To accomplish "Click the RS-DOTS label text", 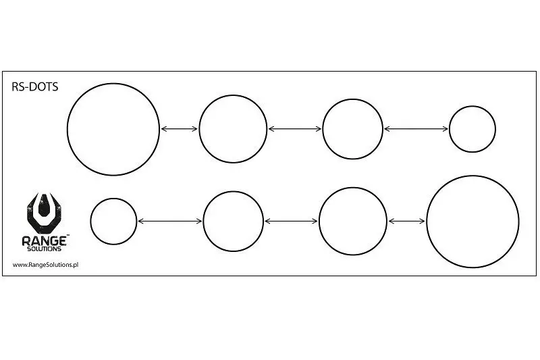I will pos(36,86).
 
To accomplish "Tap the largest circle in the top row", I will pos(113,128).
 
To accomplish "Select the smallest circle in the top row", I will pos(473,129).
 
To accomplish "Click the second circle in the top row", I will pos(233,128).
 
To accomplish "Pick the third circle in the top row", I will pos(352,129).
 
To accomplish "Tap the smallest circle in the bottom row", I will pos(113,221).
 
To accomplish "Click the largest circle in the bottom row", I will pos(473,221).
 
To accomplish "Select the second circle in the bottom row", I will pos(233,221).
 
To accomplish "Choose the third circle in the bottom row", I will pos(352,221).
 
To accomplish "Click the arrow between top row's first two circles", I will pos(179,128).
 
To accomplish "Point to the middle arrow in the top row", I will pos(295,128).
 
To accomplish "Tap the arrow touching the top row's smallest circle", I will pos(416,128).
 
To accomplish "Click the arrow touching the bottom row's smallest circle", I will pos(169,221).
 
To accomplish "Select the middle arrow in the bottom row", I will pos(291,221).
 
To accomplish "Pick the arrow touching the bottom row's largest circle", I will pos(406,221).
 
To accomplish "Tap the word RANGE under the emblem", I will pos(43,240).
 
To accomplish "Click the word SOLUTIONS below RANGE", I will pos(44,249).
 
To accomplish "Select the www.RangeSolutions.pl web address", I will pos(46,265).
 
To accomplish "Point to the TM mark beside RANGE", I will pos(67,236).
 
